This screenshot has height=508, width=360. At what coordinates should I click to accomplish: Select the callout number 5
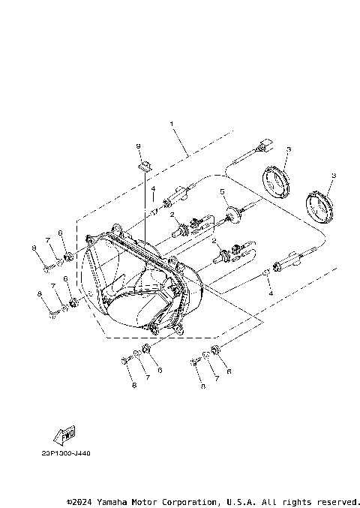[222, 193]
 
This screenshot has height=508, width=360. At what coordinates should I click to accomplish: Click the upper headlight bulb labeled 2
[187, 226]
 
